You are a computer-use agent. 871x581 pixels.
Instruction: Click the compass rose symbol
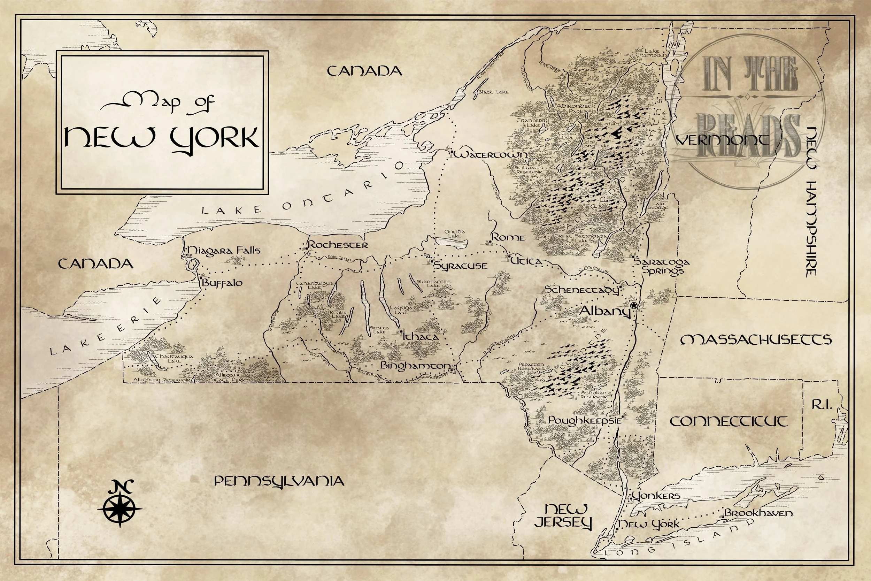click(120, 508)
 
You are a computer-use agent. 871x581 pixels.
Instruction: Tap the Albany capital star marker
click(634, 305)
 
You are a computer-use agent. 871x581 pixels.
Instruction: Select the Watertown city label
click(491, 154)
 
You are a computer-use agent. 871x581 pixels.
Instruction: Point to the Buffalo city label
click(222, 283)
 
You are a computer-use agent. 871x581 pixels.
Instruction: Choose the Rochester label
click(338, 245)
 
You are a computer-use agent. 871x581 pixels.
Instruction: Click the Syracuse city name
click(461, 266)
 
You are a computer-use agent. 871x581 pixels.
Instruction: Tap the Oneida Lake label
click(454, 234)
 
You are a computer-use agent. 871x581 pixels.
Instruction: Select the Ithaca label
click(421, 337)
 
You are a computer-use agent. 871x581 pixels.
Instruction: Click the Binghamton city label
click(416, 366)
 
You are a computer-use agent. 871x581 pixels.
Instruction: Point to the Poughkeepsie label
click(584, 420)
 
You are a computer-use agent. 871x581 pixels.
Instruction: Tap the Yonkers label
click(656, 496)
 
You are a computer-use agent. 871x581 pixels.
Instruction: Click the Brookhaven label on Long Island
click(758, 513)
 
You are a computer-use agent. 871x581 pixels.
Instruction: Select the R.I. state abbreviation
click(822, 405)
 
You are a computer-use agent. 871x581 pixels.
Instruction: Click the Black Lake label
click(494, 92)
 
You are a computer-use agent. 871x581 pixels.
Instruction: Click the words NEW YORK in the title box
click(162, 138)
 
